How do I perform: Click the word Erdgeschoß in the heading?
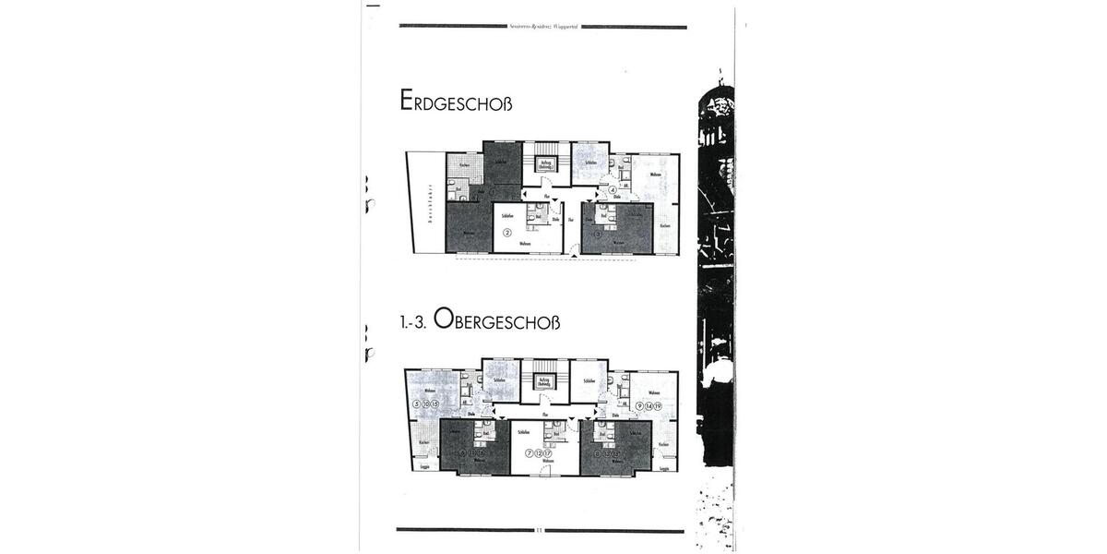tap(456, 101)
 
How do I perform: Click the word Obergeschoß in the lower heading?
tap(496, 319)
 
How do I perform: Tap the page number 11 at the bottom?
tap(540, 531)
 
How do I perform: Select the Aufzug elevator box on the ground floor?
tap(546, 164)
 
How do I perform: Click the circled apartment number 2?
tap(506, 233)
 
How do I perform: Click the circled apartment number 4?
tap(613, 190)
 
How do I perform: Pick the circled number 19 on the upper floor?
tap(658, 406)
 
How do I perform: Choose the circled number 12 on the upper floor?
tap(538, 453)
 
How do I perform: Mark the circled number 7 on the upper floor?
tap(529, 453)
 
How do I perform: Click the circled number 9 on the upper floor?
tap(639, 406)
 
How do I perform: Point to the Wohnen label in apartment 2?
tap(525, 244)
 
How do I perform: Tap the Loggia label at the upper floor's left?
tap(424, 467)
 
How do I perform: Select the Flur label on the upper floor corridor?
tap(546, 416)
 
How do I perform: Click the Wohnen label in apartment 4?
tap(655, 175)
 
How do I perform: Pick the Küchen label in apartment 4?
tap(664, 225)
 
